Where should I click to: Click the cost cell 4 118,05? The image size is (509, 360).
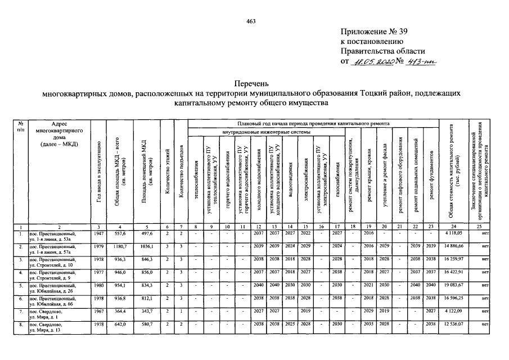coord(451,232)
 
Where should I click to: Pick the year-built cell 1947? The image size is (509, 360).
coord(98,232)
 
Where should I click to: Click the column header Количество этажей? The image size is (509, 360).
coord(166,172)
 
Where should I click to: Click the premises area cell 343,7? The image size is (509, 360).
coord(145,312)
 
